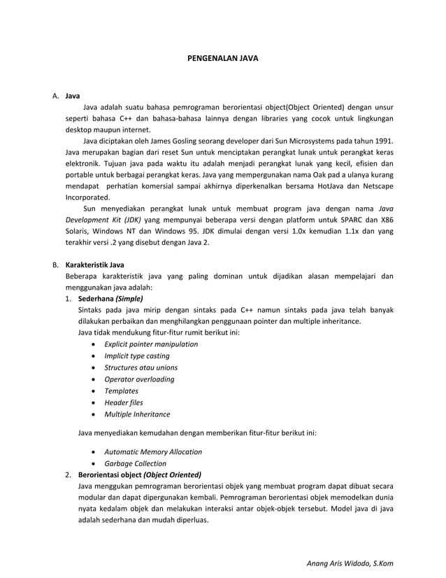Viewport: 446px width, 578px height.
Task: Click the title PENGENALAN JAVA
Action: pos(223,59)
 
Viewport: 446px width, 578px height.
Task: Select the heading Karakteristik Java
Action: pos(94,265)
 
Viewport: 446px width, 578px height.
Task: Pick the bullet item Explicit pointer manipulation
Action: pos(150,344)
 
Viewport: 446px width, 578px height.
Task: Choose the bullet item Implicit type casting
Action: pos(136,356)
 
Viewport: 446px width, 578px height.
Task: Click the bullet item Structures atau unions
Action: pos(141,367)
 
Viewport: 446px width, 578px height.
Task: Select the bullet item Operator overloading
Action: pos(139,379)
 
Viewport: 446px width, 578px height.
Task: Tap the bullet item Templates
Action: pos(121,391)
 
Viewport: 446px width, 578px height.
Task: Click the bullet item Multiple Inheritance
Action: pos(137,414)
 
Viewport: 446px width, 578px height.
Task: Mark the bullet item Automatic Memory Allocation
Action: pos(153,452)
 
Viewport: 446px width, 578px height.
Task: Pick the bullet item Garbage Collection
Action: pos(135,463)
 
